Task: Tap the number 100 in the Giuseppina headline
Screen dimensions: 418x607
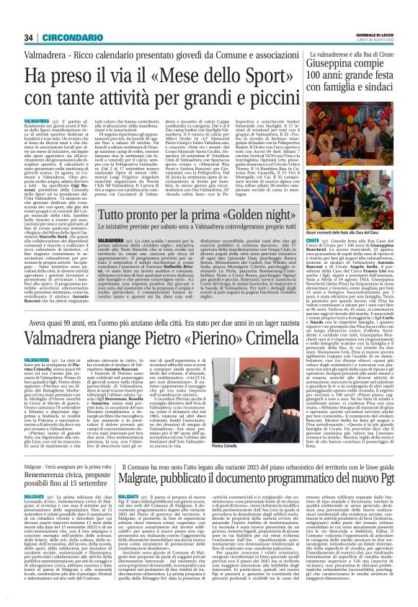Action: (x=336, y=61)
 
